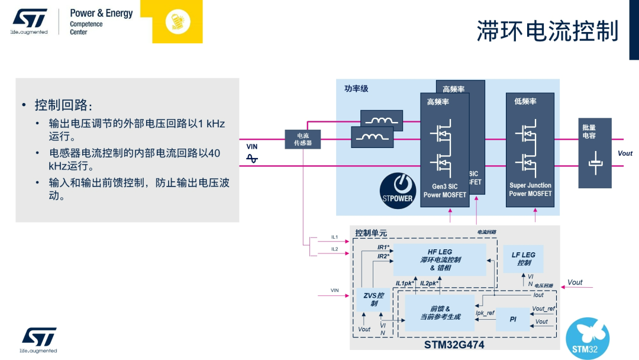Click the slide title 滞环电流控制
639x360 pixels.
(x=547, y=31)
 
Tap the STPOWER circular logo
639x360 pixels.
(x=398, y=191)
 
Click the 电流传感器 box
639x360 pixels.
(x=302, y=139)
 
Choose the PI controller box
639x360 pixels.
(x=513, y=319)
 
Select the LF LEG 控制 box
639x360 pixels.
(x=523, y=259)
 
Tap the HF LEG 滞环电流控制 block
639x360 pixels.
(x=440, y=260)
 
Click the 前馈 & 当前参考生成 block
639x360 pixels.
(x=440, y=313)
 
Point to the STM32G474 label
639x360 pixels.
(x=454, y=344)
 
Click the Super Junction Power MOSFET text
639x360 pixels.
(x=530, y=189)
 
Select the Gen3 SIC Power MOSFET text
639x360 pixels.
(x=445, y=191)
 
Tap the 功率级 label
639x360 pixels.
(x=356, y=89)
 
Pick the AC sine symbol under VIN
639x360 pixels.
(x=252, y=158)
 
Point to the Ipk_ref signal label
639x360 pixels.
(x=485, y=313)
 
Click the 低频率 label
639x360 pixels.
(x=525, y=102)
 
